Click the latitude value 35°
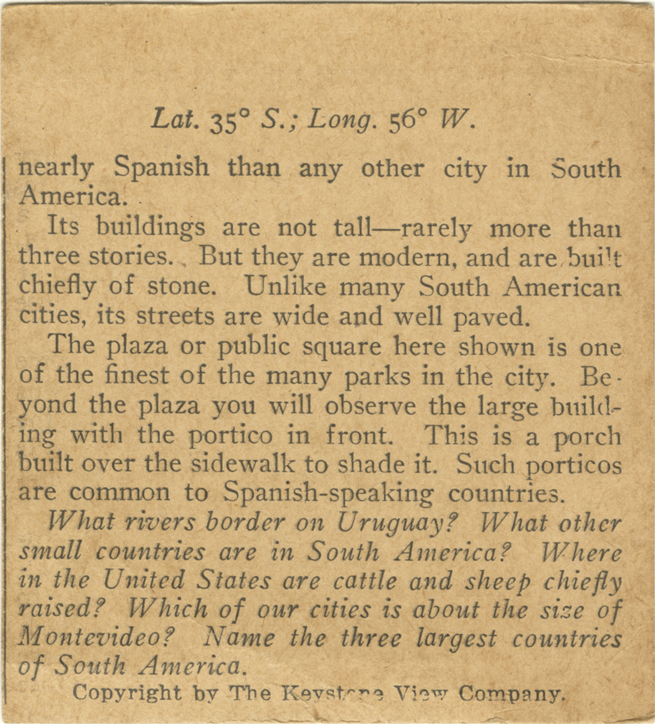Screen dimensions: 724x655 228,123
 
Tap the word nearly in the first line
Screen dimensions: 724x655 56,169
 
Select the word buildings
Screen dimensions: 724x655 151,228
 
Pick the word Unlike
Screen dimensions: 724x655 286,287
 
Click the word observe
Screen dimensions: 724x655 371,406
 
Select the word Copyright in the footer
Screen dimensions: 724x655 127,693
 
